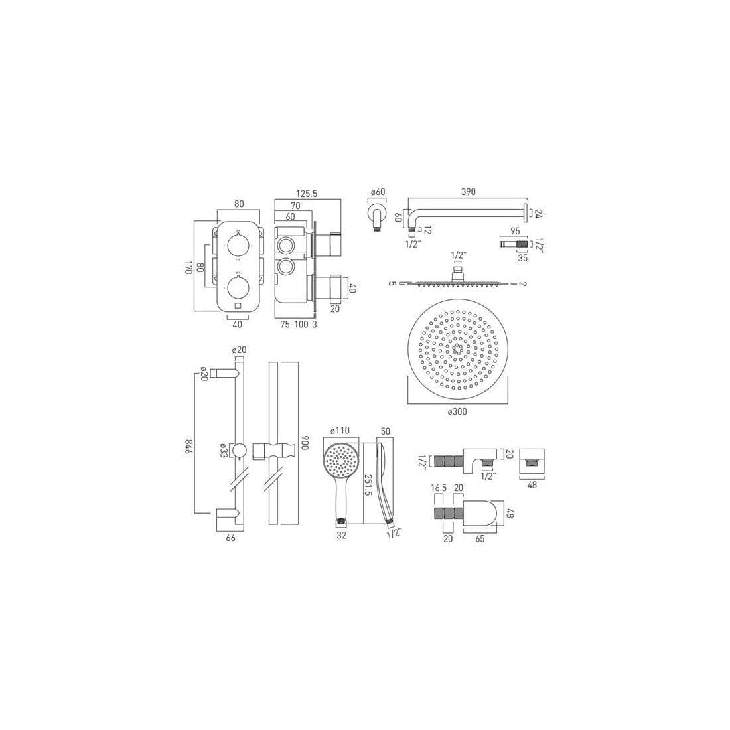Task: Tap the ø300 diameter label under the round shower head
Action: tap(457, 412)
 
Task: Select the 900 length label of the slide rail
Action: tap(306, 443)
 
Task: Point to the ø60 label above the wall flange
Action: tap(378, 192)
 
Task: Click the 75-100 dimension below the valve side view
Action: tap(293, 325)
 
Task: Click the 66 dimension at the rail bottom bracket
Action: tap(231, 538)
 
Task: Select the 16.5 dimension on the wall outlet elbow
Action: tap(438, 488)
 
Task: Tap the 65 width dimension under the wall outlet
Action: tap(479, 539)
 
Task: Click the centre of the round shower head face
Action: tap(457, 350)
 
